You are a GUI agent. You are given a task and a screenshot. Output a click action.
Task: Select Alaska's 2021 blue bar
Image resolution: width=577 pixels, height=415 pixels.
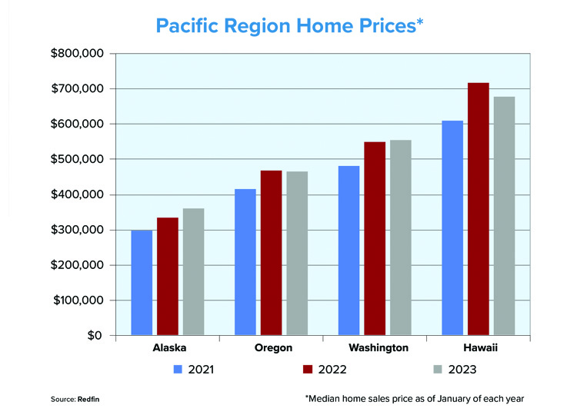[142, 283]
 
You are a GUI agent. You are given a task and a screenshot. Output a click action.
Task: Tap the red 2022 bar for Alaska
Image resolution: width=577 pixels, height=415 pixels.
[168, 277]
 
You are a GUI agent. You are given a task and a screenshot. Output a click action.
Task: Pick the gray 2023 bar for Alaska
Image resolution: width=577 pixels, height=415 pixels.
[194, 272]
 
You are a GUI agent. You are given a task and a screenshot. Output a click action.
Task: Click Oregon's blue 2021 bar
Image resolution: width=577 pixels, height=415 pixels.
[245, 262]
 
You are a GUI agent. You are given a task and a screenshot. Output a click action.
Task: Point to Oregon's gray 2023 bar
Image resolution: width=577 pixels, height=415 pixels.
[297, 254]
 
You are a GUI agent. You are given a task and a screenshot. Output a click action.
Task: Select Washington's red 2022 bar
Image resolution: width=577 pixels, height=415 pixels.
[375, 238]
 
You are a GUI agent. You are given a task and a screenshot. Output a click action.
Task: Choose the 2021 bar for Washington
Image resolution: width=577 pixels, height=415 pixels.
[349, 251]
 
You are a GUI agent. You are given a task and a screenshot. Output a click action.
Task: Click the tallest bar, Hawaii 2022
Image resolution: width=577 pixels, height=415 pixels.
[479, 209]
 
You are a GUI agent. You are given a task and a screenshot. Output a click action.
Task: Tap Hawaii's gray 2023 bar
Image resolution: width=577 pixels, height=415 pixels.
[505, 216]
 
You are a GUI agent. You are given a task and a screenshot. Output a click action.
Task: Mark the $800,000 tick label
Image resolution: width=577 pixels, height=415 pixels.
[77, 53]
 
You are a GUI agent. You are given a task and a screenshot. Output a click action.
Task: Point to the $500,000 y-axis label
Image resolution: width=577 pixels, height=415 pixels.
[77, 159]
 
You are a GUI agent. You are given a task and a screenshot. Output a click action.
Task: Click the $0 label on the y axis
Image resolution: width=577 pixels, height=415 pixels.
[95, 335]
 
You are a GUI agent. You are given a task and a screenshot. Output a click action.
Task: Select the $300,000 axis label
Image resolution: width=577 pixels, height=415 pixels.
[77, 230]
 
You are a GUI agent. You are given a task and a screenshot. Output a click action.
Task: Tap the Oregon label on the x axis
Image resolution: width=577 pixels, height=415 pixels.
[273, 347]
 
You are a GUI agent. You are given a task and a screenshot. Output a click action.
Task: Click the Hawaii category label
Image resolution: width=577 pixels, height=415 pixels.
[481, 347]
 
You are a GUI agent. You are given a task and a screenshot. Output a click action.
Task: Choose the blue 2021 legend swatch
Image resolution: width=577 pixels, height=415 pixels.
[178, 370]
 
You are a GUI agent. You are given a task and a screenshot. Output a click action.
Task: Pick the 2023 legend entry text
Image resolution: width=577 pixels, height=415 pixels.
[462, 370]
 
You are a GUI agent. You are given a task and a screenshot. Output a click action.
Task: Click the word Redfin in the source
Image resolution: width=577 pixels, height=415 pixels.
[88, 399]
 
